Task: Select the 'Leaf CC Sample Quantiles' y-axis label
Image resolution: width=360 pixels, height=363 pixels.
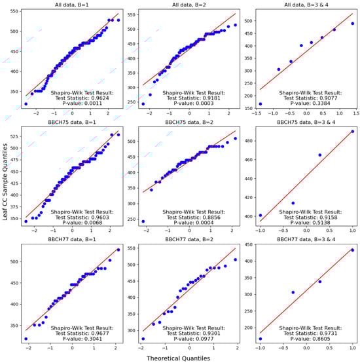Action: (x=5, y=181)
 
